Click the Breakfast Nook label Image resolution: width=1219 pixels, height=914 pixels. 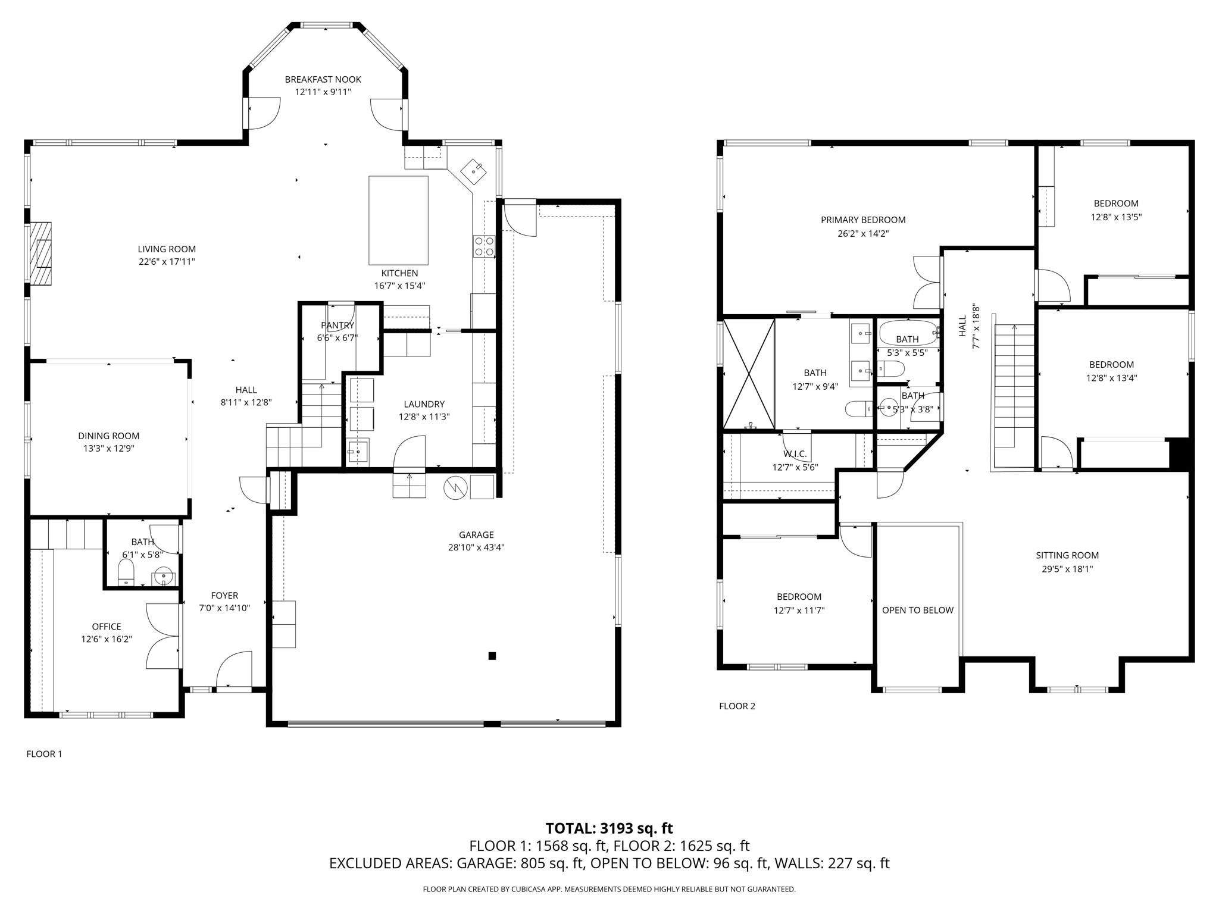point(323,79)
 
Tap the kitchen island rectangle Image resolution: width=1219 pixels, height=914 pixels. point(398,220)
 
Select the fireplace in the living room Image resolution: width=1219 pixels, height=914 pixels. point(40,253)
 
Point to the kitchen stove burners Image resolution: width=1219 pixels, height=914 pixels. point(483,246)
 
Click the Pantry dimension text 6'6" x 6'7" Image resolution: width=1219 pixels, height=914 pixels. point(337,338)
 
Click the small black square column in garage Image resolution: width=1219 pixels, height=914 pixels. point(492,656)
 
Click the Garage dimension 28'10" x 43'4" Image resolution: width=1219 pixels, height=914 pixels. point(476,547)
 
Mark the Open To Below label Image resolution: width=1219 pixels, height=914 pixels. point(917,610)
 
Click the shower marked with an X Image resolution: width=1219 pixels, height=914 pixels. point(748,374)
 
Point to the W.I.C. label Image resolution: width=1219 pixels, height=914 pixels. point(795,454)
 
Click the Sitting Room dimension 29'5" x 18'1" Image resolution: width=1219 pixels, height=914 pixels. point(1067,568)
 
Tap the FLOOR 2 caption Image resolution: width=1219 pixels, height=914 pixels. point(737,706)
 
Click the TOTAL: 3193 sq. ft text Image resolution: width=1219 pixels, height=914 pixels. point(609,828)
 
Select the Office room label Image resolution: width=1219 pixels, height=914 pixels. point(107,626)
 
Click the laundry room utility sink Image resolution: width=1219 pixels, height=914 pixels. point(358,453)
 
